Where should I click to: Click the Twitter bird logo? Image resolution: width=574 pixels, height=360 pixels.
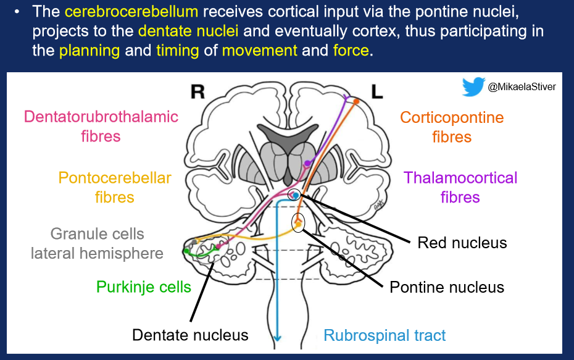pyautogui.click(x=473, y=87)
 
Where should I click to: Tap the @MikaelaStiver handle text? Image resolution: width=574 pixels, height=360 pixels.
pyautogui.click(x=522, y=88)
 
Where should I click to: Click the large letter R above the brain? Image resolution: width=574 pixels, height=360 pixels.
pyautogui.click(x=197, y=92)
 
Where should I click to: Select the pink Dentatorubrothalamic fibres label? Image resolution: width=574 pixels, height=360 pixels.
pyautogui.click(x=101, y=126)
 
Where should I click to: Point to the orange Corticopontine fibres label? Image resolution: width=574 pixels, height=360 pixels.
pyautogui.click(x=452, y=127)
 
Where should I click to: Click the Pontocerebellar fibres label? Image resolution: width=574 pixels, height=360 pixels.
pyautogui.click(x=115, y=188)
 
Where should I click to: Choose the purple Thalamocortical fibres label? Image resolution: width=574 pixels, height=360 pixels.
pyautogui.click(x=460, y=188)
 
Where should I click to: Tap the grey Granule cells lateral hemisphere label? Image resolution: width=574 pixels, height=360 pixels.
pyautogui.click(x=97, y=243)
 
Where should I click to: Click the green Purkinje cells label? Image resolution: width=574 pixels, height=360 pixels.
pyautogui.click(x=144, y=287)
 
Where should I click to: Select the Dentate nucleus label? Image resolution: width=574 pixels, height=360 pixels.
pyautogui.click(x=190, y=335)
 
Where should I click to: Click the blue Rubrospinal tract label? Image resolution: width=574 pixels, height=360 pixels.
pyautogui.click(x=385, y=335)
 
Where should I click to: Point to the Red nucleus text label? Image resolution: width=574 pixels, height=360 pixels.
pyautogui.click(x=462, y=242)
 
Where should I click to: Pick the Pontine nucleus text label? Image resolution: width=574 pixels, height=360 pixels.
pyautogui.click(x=447, y=287)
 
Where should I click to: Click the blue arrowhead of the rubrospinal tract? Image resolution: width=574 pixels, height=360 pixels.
pyautogui.click(x=278, y=337)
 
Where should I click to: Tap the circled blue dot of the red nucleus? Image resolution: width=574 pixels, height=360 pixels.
pyautogui.click(x=296, y=195)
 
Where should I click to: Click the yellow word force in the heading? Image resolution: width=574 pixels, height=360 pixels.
pyautogui.click(x=350, y=51)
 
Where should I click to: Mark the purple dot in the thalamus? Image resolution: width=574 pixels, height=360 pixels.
pyautogui.click(x=307, y=163)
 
